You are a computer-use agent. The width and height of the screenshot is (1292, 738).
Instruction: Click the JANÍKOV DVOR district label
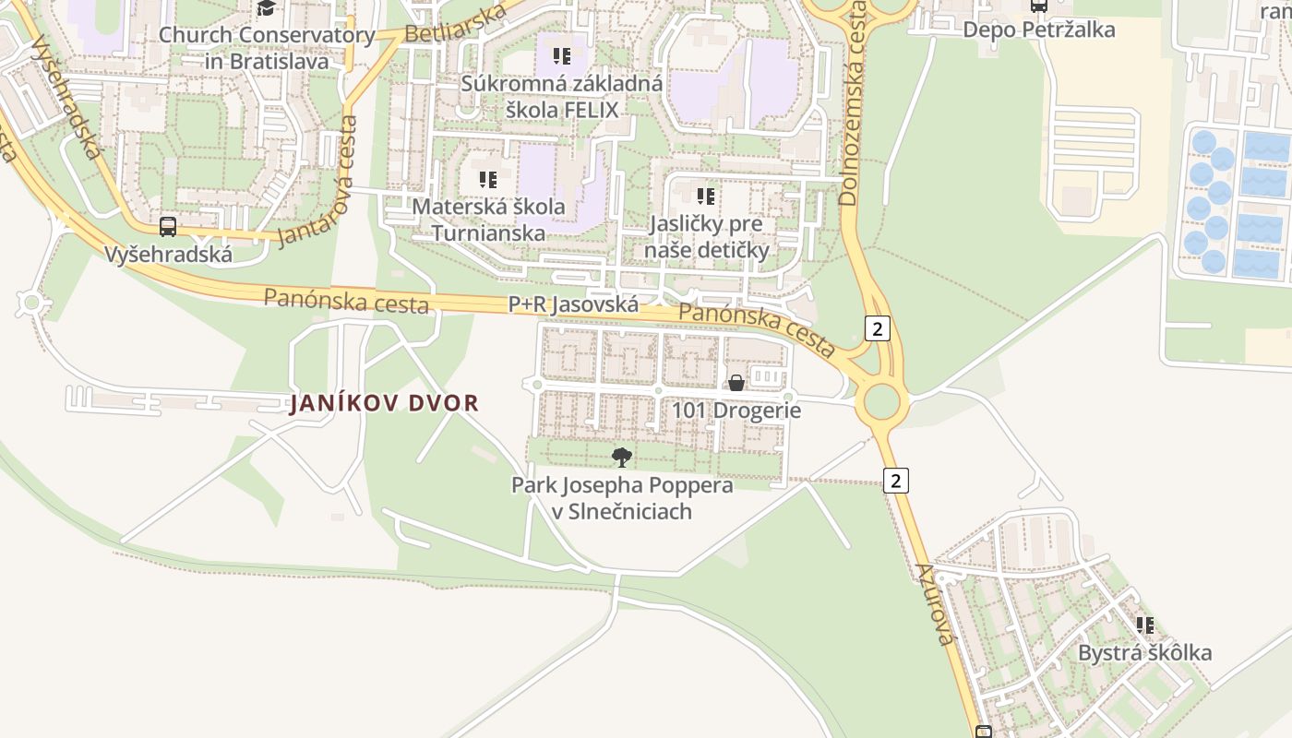[x=384, y=403]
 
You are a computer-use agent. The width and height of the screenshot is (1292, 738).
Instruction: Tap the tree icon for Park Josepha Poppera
[x=622, y=457]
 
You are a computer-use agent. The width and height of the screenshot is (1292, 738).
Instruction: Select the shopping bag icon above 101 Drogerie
[x=736, y=383]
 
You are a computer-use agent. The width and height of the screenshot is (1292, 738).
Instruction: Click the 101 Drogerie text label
[x=736, y=411]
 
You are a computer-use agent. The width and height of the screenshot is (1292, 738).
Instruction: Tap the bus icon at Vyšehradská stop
[x=168, y=227]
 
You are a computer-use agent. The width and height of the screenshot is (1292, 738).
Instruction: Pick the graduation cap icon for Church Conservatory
[x=267, y=8]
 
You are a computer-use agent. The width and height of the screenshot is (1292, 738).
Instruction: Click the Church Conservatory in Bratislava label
[x=267, y=49]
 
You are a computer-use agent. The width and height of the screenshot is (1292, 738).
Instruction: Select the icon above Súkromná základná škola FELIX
[x=562, y=56]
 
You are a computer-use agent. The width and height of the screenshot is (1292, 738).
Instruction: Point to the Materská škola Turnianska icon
[x=488, y=179]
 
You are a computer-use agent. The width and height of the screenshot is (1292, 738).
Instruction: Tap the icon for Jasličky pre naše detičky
[x=706, y=196]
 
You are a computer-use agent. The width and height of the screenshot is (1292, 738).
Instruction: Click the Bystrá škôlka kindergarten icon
[x=1145, y=625]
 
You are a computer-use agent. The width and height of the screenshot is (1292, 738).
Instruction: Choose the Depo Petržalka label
[x=1038, y=30]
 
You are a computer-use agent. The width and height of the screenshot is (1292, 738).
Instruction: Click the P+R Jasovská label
[x=573, y=304]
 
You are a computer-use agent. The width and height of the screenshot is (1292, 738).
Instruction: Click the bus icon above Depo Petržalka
[x=1039, y=6]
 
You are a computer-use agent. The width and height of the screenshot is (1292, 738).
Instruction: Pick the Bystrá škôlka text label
[x=1144, y=653]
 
